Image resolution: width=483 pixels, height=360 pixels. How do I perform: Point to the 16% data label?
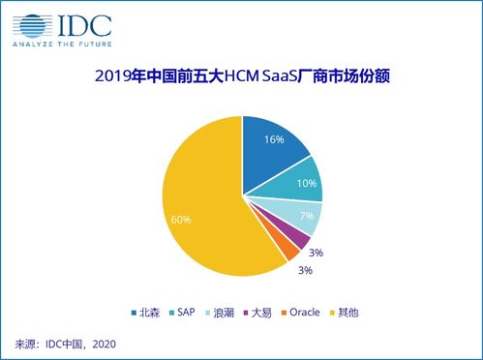(x=273, y=140)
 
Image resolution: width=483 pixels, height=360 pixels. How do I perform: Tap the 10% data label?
(x=306, y=181)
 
